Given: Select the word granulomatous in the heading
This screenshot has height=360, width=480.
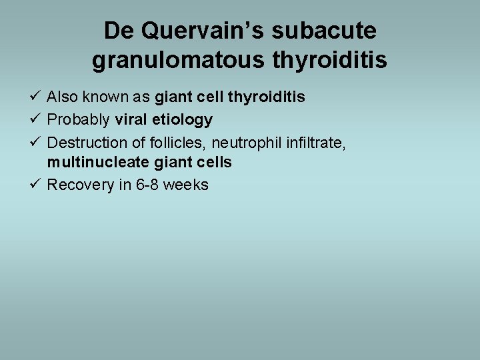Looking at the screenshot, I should tap(179, 61).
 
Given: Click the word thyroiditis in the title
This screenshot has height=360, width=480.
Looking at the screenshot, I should tap(330, 61).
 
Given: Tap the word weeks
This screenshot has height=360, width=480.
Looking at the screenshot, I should tap(185, 185).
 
